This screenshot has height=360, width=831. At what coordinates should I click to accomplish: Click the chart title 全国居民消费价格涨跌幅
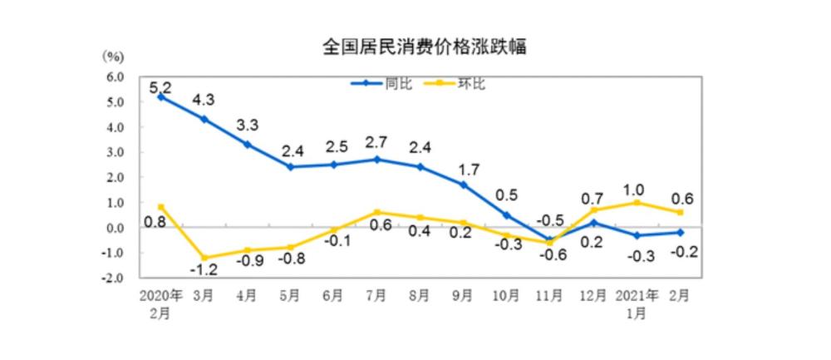(424, 47)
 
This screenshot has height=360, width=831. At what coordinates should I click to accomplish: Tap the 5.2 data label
(160, 86)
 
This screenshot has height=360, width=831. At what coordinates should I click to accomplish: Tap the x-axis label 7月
(376, 295)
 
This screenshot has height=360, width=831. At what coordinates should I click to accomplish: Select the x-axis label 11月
(550, 295)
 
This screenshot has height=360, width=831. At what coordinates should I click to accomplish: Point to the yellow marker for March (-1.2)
(204, 258)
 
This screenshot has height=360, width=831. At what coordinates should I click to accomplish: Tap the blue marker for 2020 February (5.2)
(160, 96)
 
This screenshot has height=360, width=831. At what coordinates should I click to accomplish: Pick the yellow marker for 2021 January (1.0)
(637, 202)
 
